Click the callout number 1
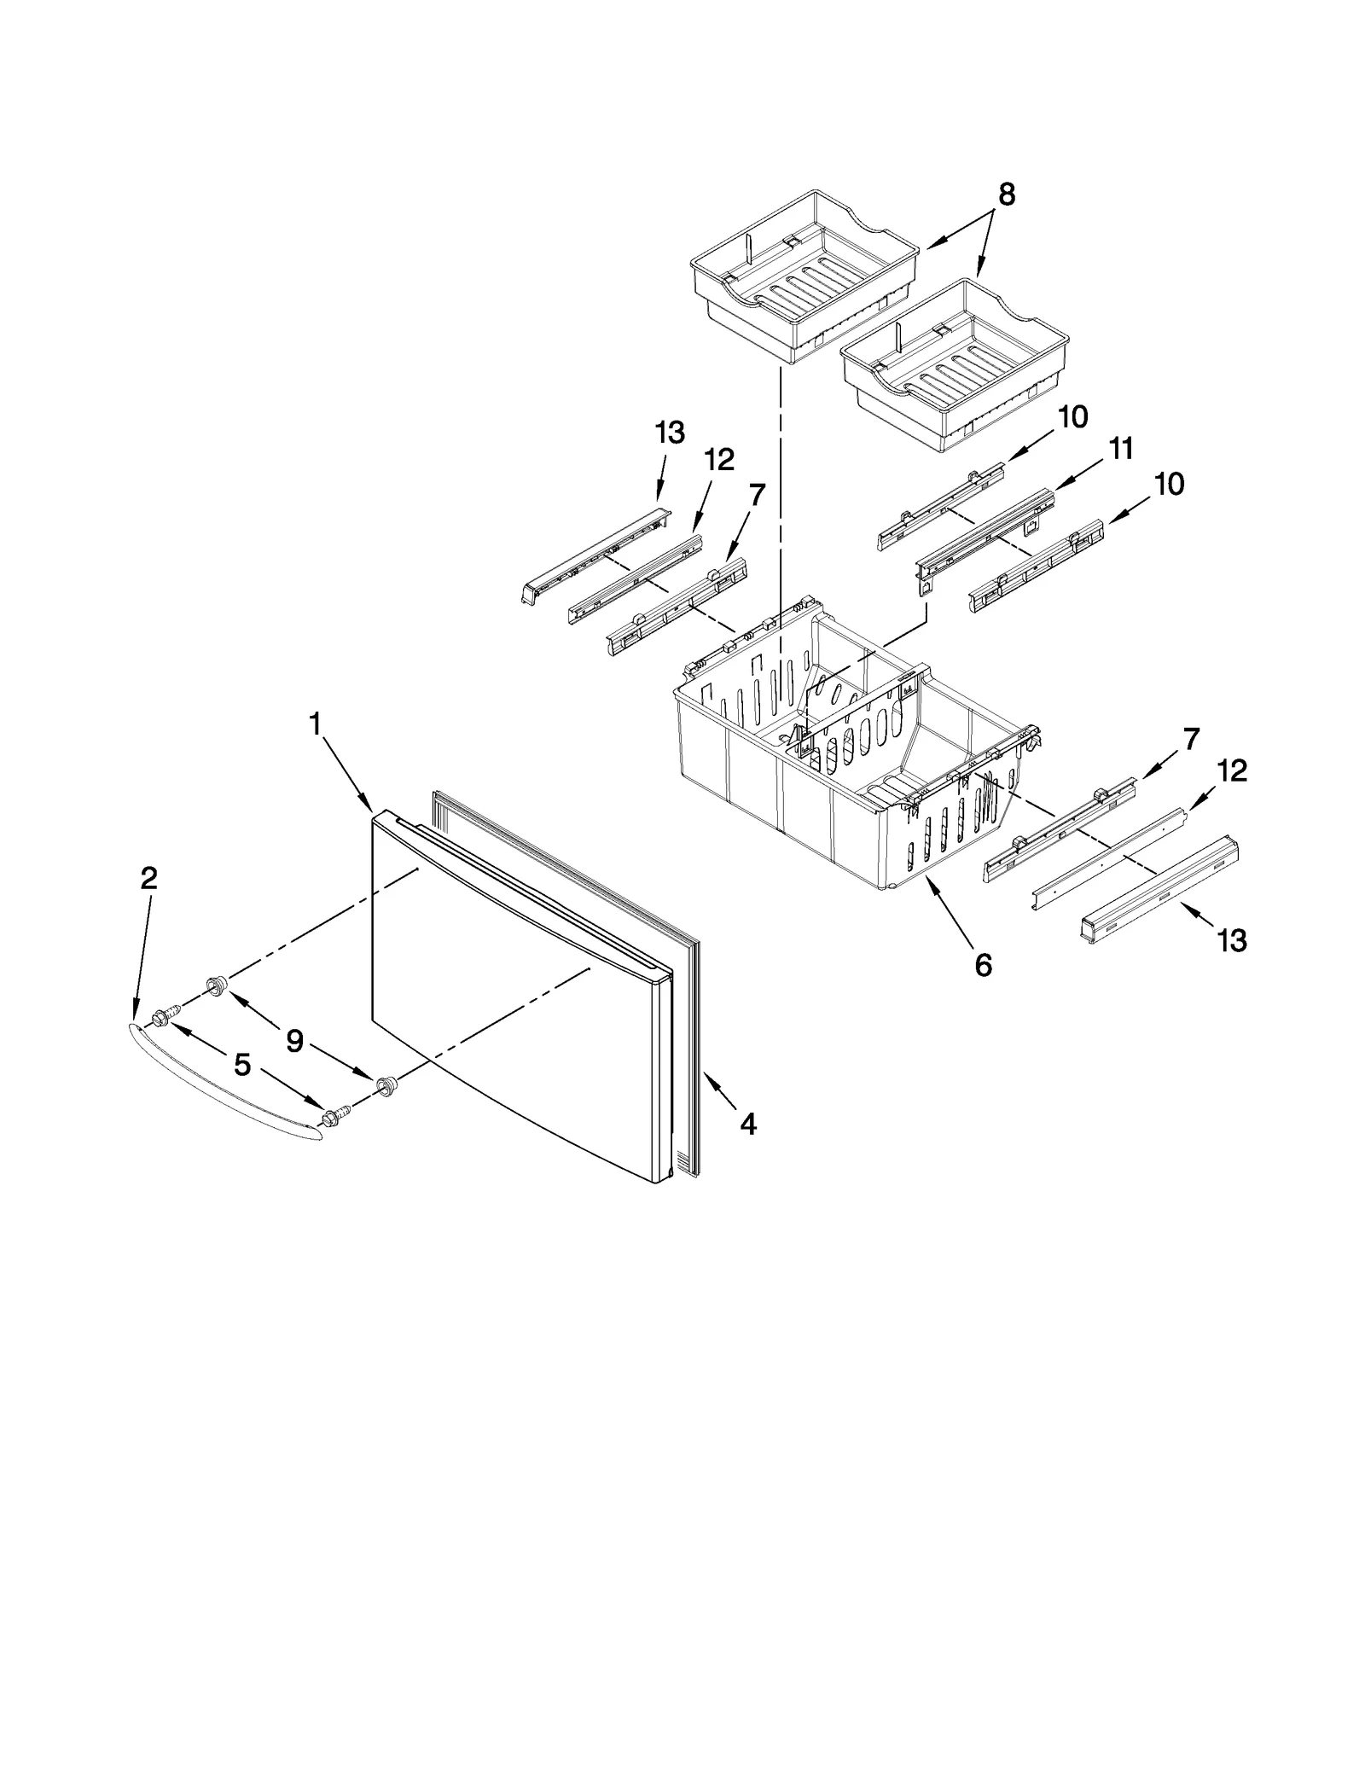coord(315,724)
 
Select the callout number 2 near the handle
coord(148,878)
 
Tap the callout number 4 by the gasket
coord(747,1125)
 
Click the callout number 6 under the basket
coord(983,965)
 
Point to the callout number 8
coord(1007,195)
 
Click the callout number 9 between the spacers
coord(294,1041)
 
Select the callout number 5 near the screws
coord(242,1064)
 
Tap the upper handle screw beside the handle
coord(164,1015)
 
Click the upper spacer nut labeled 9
coord(215,987)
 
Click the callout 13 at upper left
coord(670,433)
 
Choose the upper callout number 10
coord(1073,417)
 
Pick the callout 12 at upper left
coord(718,461)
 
